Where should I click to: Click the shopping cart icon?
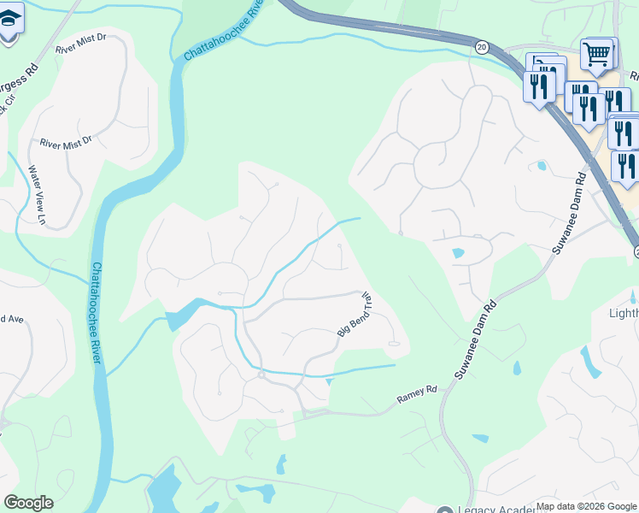[x=597, y=55]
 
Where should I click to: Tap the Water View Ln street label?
[x=37, y=195]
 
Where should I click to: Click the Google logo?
[x=28, y=503]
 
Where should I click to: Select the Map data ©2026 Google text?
[x=586, y=506]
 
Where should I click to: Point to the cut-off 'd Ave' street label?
[x=11, y=319]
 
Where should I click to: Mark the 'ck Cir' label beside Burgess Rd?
[x=6, y=108]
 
